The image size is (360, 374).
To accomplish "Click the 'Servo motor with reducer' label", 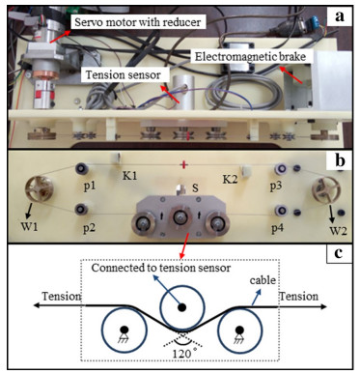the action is click(138, 22).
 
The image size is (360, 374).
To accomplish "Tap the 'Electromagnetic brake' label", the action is click(250, 57).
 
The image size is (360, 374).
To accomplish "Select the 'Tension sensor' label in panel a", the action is click(124, 74).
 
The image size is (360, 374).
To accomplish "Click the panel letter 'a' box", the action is click(339, 16).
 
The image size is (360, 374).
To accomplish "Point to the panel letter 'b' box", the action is click(340, 160).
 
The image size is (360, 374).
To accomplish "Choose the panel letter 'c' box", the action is click(339, 253).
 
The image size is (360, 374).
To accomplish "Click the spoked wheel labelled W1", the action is click(40, 189).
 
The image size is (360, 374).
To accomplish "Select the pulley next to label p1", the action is click(82, 168).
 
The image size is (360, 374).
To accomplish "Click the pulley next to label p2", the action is click(81, 209).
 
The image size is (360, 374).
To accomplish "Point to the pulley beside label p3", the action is click(281, 168).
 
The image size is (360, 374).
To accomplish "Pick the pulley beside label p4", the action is click(281, 211).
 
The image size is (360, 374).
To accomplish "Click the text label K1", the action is click(129, 176).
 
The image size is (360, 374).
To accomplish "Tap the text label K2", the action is click(230, 179).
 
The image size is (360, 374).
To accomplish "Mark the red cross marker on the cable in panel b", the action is click(183, 165).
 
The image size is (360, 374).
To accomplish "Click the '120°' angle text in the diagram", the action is click(183, 354).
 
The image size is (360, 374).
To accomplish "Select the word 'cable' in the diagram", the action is click(263, 280).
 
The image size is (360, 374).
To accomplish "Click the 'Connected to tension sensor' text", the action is click(161, 268).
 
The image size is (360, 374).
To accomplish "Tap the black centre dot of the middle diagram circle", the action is click(182, 307).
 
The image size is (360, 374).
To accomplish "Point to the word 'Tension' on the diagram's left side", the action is click(61, 296).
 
